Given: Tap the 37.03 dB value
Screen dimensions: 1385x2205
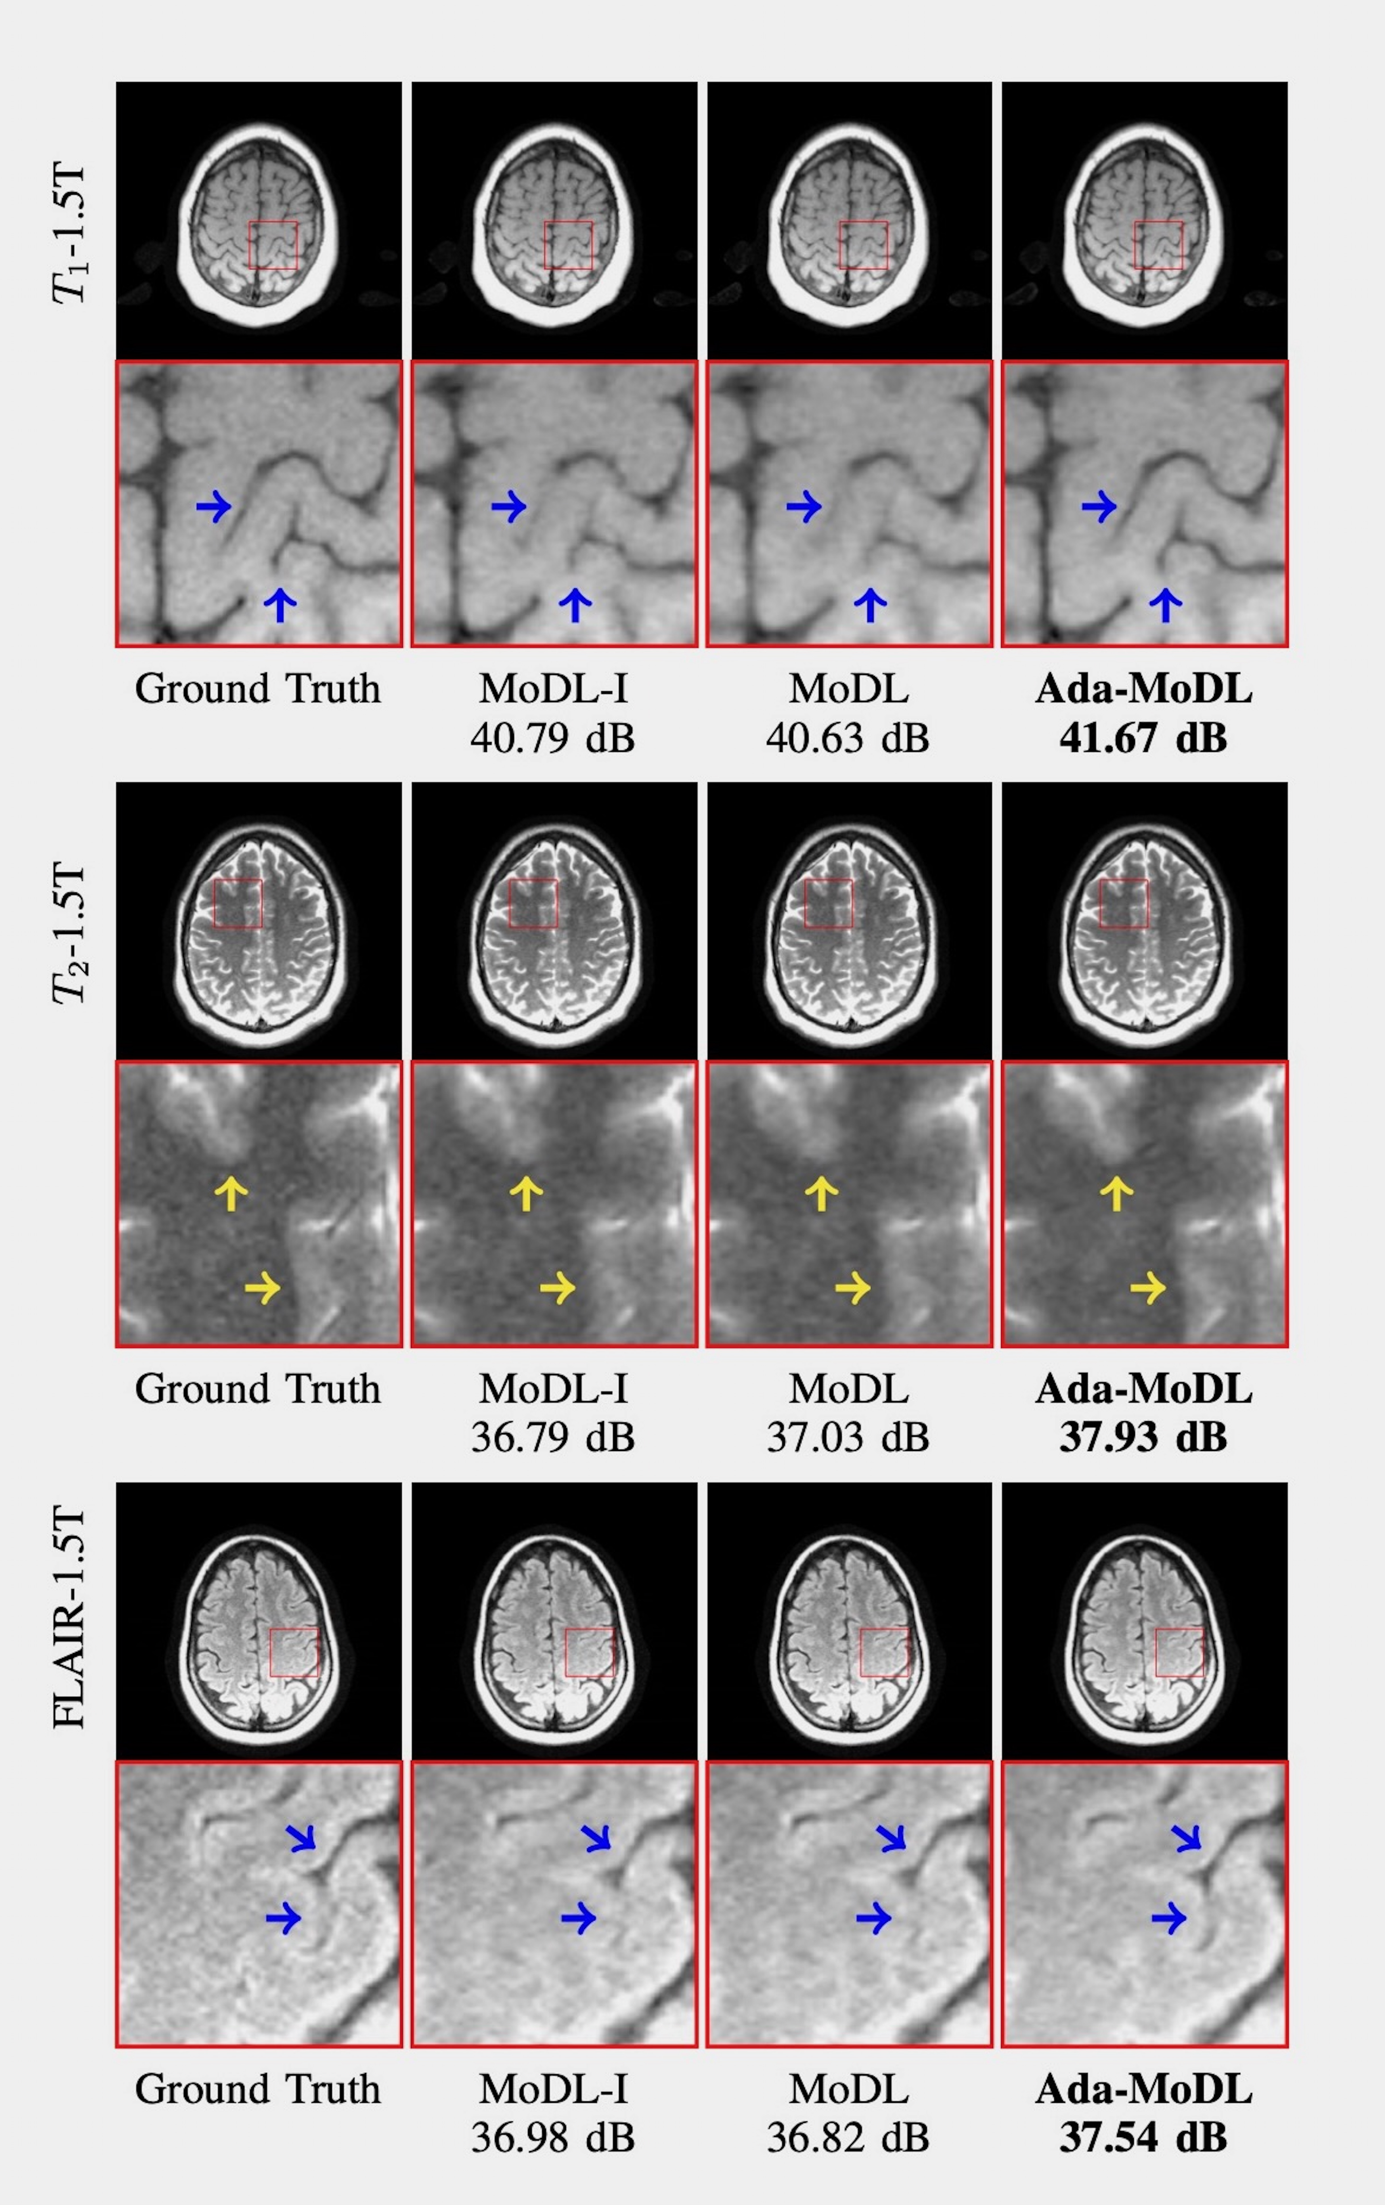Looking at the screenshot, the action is pos(848,1438).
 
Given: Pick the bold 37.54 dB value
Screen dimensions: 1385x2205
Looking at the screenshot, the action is pos(1143,2137).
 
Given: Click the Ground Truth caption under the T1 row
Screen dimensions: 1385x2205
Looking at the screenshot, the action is pos(257,689).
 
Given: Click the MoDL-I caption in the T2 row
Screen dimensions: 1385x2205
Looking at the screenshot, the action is pos(553,1389).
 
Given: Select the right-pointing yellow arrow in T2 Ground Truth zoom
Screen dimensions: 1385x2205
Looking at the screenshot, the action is pos(263,1288).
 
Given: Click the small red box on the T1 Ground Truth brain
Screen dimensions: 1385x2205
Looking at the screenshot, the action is pos(273,244).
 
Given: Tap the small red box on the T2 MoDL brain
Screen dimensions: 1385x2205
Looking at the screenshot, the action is pos(828,904).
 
